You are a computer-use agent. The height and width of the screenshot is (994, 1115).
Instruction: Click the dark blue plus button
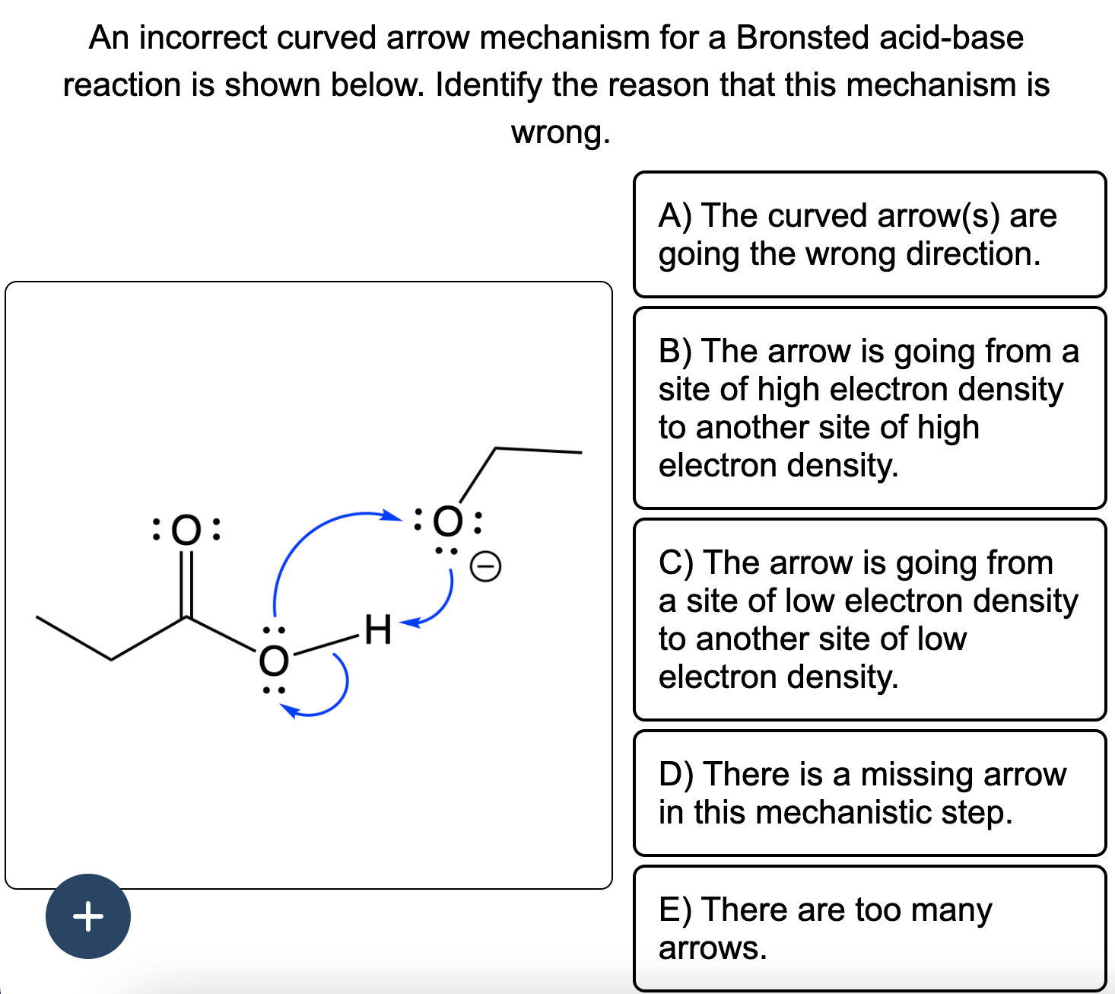(x=87, y=916)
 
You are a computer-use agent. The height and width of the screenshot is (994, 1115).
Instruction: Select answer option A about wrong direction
(x=869, y=234)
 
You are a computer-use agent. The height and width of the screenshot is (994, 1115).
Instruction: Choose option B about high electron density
(x=869, y=408)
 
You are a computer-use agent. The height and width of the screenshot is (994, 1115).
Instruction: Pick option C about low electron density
(x=869, y=620)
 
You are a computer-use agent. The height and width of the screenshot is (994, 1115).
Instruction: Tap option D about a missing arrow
(x=869, y=793)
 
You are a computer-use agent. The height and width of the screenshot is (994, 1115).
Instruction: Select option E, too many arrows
(x=869, y=929)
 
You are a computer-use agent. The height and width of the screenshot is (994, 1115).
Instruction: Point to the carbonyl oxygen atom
(x=186, y=529)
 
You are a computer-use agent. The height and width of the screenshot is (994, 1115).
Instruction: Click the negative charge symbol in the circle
(x=485, y=566)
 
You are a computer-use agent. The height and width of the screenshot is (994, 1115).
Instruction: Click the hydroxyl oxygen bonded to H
(x=274, y=659)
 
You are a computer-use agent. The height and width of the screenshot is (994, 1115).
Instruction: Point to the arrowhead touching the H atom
(x=408, y=624)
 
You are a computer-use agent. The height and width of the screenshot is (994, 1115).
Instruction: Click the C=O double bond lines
(x=186, y=582)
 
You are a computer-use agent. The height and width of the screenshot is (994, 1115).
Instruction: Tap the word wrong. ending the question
(x=561, y=132)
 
